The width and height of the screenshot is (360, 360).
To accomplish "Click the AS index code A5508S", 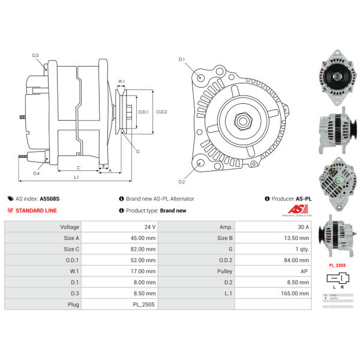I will pos(50,199).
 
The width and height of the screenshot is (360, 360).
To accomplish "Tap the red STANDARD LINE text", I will pos(37,211).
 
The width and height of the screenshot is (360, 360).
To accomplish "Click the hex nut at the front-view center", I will pos(244,121).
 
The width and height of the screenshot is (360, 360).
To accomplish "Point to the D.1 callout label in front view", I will pos(182,59).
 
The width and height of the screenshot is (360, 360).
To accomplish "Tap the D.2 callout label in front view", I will pos(182,181).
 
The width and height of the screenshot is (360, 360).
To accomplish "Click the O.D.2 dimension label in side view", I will pos(161,112).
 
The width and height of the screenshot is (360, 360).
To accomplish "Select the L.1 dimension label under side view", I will pos(77,177).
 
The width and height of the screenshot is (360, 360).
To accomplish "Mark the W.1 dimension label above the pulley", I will pos(121,82).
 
